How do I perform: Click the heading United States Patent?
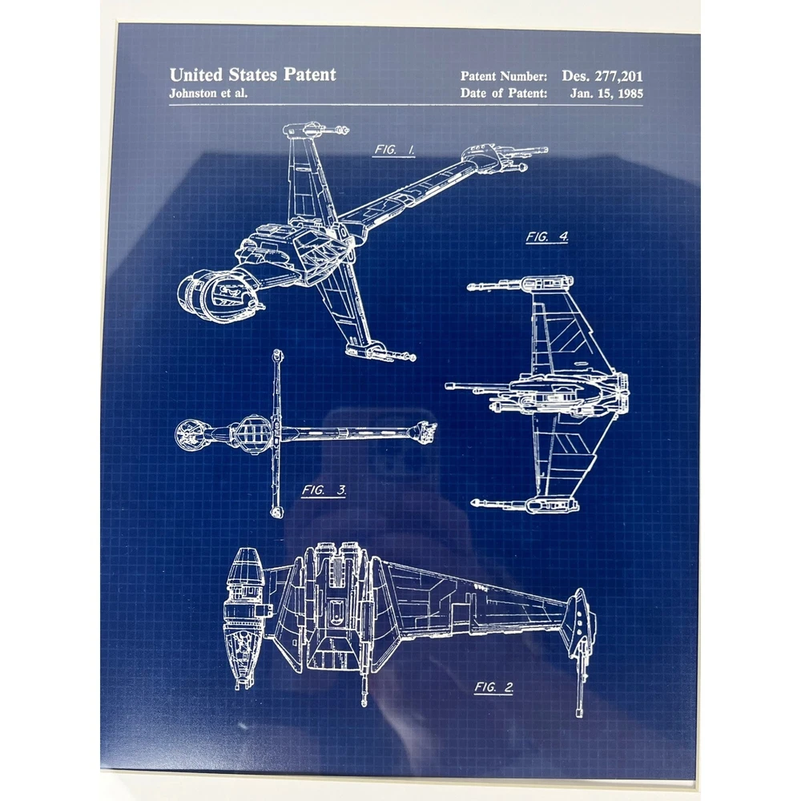pyautogui.click(x=253, y=75)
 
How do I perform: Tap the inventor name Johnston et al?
pyautogui.click(x=208, y=94)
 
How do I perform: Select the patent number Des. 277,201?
pyautogui.click(x=602, y=76)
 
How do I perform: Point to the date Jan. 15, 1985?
pyautogui.click(x=606, y=94)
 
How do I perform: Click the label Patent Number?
pyautogui.click(x=504, y=76)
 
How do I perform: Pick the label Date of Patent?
pyautogui.click(x=504, y=93)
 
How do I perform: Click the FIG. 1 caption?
pyautogui.click(x=394, y=151)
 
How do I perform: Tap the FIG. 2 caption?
pyautogui.click(x=493, y=687)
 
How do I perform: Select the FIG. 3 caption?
pyautogui.click(x=324, y=490)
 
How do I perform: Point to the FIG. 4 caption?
pyautogui.click(x=547, y=237)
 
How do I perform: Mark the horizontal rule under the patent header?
pyautogui.click(x=406, y=105)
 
